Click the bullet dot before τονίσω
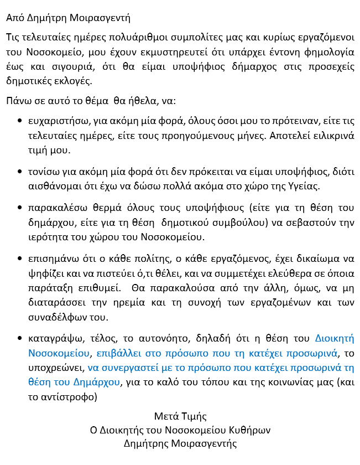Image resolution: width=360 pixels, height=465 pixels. (x=20, y=172)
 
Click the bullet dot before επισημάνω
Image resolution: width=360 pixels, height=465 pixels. (x=20, y=259)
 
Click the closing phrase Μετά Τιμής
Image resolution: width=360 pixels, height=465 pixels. (x=180, y=416)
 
